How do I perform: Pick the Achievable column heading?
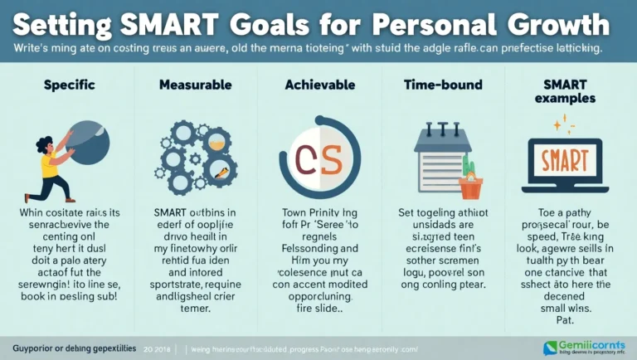(318, 85)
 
